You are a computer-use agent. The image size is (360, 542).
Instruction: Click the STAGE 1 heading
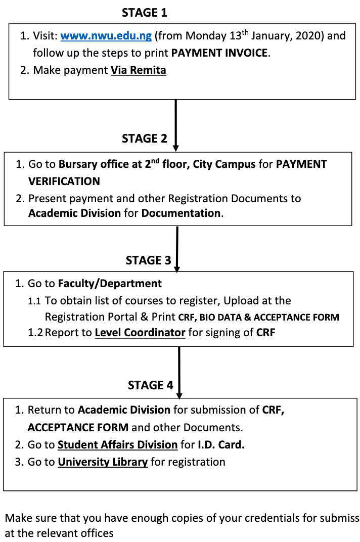144,13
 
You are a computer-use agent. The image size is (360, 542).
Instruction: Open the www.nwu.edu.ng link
106,36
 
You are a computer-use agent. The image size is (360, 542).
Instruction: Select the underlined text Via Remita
139,70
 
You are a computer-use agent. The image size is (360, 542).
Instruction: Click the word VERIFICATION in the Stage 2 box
64,181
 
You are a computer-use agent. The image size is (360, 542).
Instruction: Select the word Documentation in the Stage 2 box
181,213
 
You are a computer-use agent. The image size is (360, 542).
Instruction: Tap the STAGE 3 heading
148,260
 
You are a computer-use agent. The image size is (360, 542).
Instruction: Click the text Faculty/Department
110,284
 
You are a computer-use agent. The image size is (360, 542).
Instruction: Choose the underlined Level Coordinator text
140,333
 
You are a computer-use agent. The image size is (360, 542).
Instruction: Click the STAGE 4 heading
150,385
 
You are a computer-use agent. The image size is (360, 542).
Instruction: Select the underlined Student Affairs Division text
118,445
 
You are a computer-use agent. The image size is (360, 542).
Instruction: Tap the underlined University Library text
103,462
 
